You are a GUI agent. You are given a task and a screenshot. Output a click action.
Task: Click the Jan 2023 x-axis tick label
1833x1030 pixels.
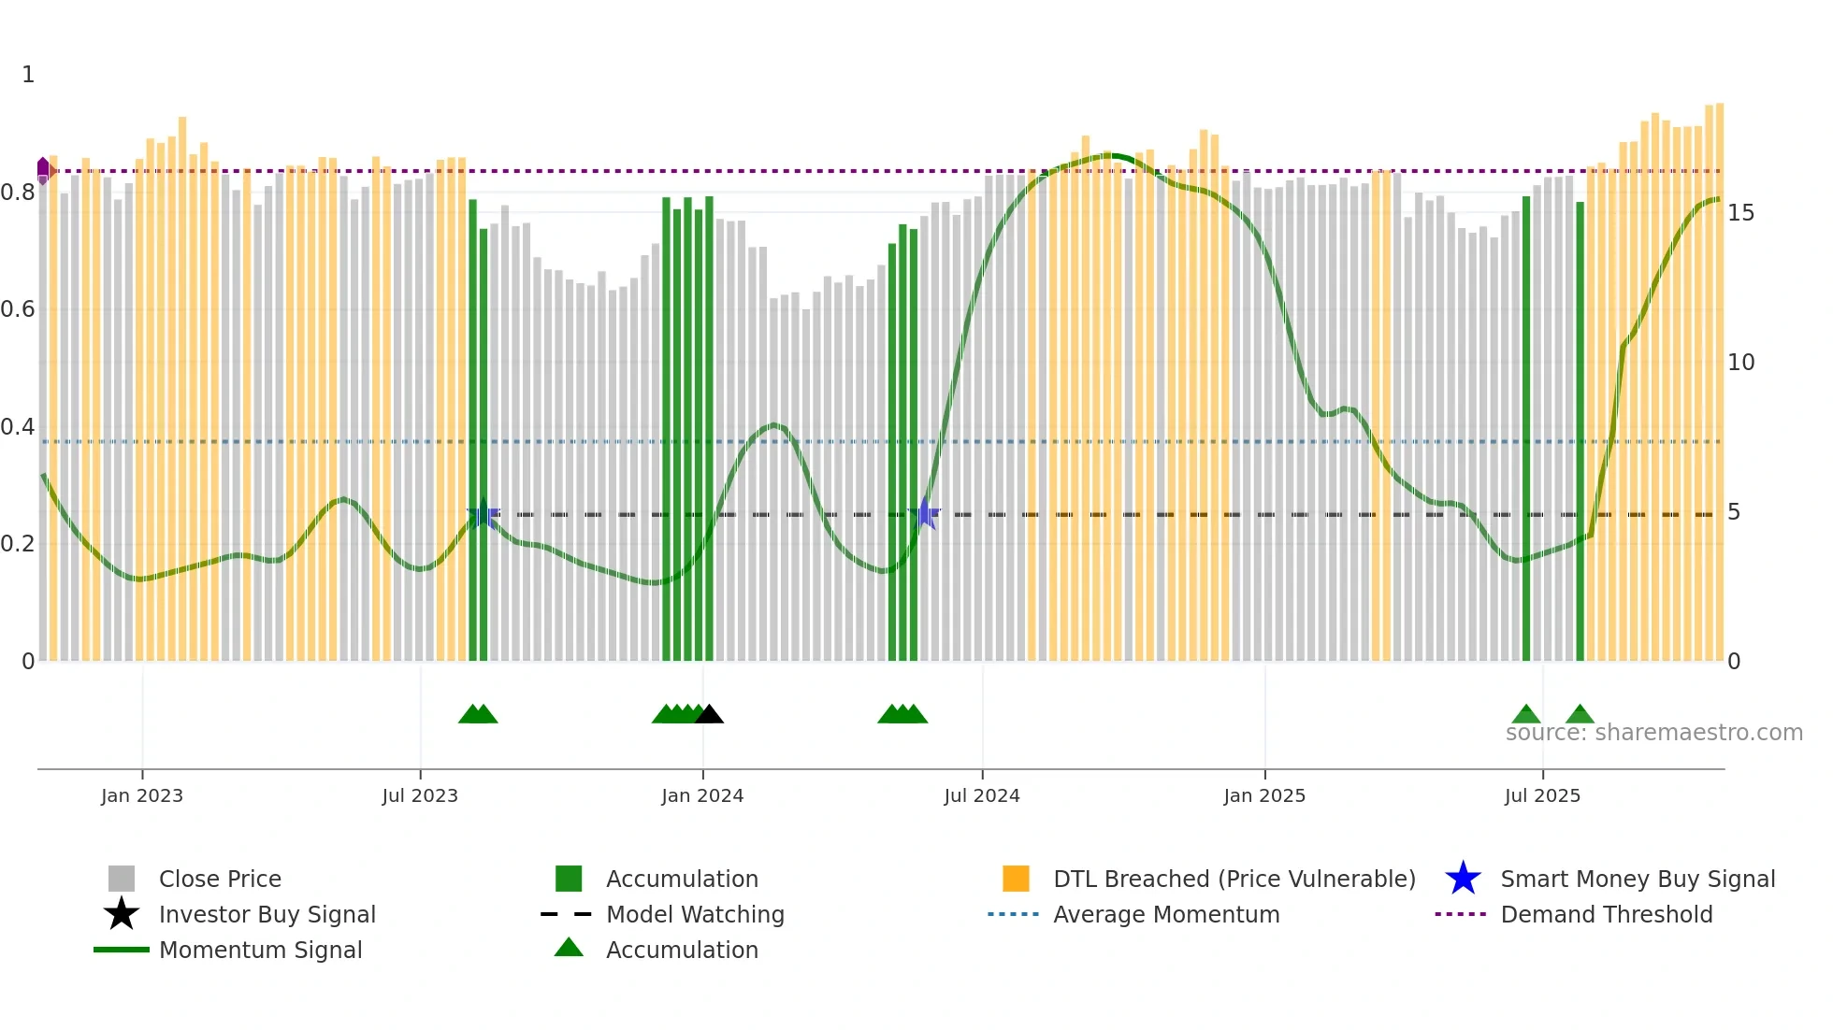click(x=142, y=795)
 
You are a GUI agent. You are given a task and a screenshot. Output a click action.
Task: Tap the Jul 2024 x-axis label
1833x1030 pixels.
click(x=981, y=795)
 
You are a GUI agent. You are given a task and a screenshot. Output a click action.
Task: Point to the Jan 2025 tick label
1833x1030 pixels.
click(x=1264, y=795)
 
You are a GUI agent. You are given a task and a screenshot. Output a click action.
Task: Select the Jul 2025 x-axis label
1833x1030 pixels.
click(x=1542, y=795)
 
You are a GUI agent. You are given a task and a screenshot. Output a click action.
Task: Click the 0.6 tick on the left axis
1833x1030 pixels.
click(x=18, y=309)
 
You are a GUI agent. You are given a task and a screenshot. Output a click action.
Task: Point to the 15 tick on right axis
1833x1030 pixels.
click(x=1740, y=213)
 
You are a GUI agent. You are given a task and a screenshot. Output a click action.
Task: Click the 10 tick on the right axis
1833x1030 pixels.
click(x=1740, y=363)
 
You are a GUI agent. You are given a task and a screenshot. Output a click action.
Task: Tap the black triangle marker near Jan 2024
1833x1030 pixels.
click(x=710, y=715)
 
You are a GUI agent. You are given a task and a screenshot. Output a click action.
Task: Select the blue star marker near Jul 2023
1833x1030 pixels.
click(x=484, y=514)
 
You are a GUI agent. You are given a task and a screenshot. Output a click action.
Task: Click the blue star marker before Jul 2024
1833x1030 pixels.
click(x=925, y=513)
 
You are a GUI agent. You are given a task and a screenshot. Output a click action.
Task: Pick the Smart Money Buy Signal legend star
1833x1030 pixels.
click(x=1463, y=879)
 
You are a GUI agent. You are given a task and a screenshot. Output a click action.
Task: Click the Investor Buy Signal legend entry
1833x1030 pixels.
click(x=267, y=914)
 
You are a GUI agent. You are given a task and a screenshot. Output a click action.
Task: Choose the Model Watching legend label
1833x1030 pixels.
click(x=695, y=914)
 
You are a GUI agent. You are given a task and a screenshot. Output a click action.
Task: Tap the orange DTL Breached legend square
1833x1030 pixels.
click(x=1016, y=879)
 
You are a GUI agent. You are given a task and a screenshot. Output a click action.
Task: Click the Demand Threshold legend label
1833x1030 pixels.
click(x=1606, y=914)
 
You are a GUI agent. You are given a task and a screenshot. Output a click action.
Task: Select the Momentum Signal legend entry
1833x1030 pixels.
click(x=260, y=950)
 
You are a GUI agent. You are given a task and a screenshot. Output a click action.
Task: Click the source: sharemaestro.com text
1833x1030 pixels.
click(x=1653, y=733)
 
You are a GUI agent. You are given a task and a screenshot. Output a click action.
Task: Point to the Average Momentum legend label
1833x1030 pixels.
click(x=1166, y=914)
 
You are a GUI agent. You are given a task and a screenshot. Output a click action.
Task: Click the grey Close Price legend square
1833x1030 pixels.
click(x=122, y=879)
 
